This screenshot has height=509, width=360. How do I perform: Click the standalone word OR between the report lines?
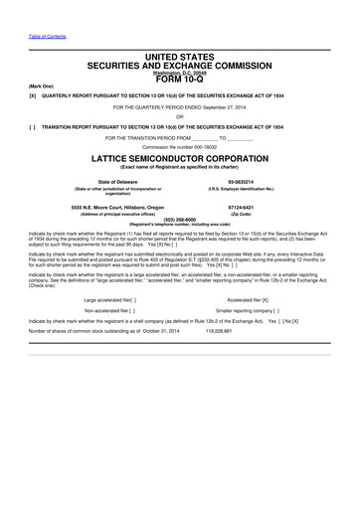tap(180, 117)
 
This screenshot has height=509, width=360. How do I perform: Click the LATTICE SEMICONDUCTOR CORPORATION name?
tap(180, 157)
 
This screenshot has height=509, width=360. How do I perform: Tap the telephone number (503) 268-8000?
tap(180, 219)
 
